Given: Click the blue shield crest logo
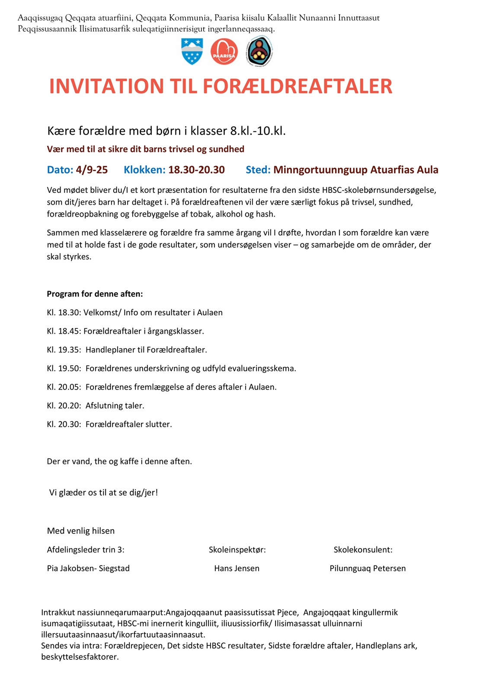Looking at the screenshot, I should (192, 51).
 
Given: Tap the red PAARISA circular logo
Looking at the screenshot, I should (224, 51).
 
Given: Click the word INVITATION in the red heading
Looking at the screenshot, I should (106, 86).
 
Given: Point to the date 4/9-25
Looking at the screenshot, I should (92, 170).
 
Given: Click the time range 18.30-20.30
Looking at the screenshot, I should (196, 170).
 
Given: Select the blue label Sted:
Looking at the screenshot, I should (258, 170).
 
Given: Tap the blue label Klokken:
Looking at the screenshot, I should (144, 170).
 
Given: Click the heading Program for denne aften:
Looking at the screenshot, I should (95, 294).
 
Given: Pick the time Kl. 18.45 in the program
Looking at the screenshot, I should (64, 331).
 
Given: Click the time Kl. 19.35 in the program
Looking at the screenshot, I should (64, 350).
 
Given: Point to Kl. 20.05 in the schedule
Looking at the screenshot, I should (64, 387).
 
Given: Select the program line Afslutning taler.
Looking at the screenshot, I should (115, 406).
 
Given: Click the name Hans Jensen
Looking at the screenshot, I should (237, 568).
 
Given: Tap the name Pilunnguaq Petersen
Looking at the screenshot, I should (368, 568).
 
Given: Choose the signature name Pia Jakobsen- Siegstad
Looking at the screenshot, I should (88, 568).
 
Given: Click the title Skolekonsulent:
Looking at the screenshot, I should (363, 550).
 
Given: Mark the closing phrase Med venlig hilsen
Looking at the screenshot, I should (81, 531).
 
